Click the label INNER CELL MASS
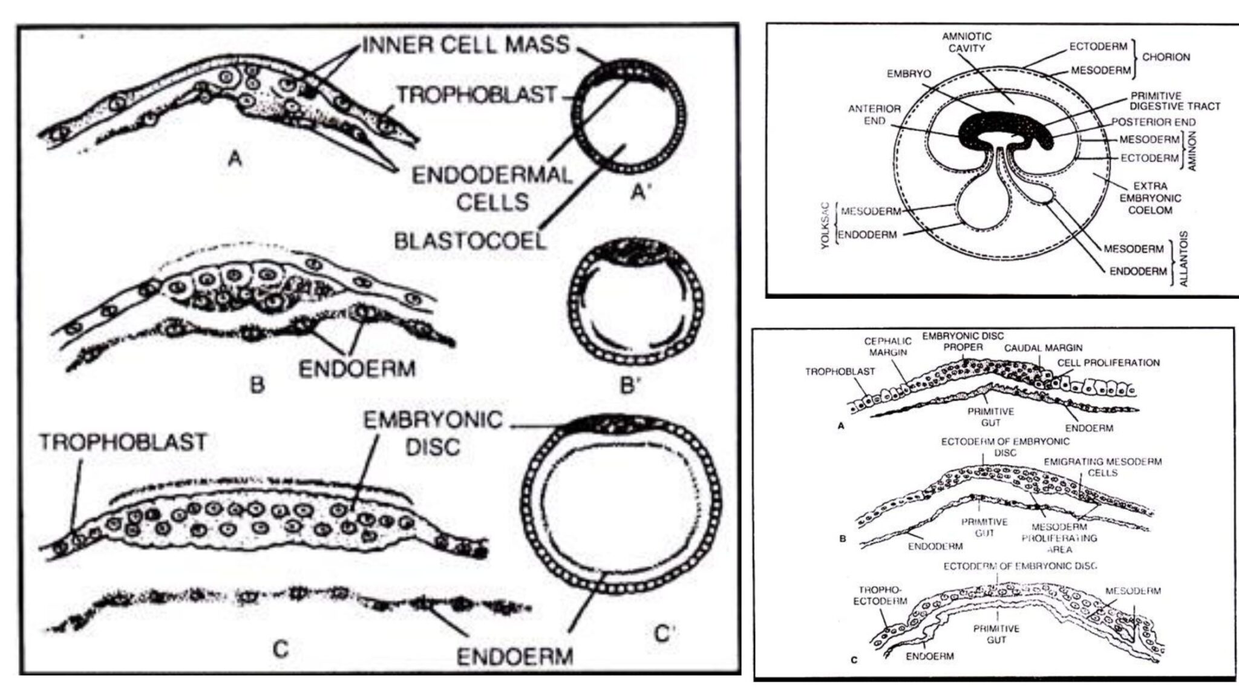coord(466,45)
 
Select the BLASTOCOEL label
coord(470,241)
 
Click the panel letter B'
coord(630,385)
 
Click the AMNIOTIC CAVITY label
coord(967,42)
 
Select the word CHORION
coord(1166,57)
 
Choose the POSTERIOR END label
coord(1153,122)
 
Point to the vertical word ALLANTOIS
coord(1184,258)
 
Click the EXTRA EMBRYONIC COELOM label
coord(1150,198)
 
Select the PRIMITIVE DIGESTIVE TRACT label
coord(1175,101)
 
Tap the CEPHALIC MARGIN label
coord(888,347)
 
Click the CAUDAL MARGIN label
coord(1043,348)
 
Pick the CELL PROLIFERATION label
coord(1108,363)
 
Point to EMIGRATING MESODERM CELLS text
coord(1102,467)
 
